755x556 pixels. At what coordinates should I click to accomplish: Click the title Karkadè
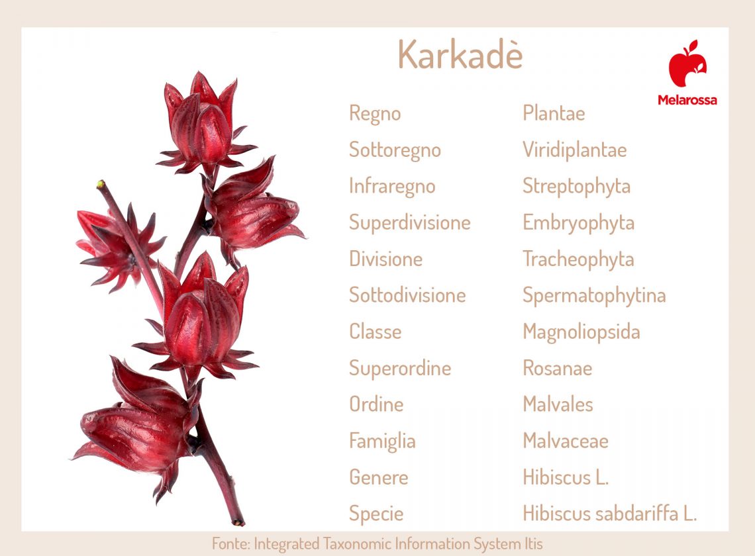point(460,55)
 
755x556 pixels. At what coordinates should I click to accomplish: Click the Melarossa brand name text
point(687,100)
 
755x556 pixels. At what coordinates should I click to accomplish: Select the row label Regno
point(375,113)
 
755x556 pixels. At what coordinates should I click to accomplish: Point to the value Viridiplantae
point(574,150)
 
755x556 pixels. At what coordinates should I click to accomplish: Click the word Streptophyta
point(576,186)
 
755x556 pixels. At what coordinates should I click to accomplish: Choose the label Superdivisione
point(409,222)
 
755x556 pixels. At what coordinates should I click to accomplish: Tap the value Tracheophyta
point(578,259)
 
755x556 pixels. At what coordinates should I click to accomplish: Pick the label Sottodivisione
point(407,295)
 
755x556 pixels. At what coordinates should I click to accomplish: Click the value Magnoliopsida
point(581,332)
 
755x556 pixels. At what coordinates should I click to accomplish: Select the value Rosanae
point(557,368)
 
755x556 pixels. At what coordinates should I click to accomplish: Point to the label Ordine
point(376,404)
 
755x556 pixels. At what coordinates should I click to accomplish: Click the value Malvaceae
point(565,441)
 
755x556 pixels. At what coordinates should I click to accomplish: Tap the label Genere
point(378,477)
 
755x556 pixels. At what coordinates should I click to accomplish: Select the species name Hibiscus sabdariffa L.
point(609,514)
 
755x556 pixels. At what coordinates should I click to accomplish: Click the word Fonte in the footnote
point(230,544)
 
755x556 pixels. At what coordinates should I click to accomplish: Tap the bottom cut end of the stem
point(238,522)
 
